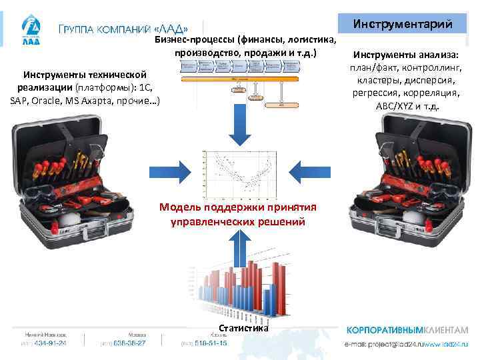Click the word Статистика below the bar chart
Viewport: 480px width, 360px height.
click(243, 328)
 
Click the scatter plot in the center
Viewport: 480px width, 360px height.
click(238, 175)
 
